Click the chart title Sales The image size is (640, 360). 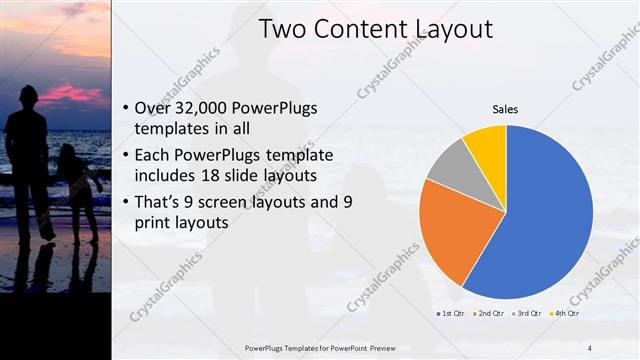coord(504,110)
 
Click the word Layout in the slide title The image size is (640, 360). coord(445,30)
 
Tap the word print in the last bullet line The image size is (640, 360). coord(150,223)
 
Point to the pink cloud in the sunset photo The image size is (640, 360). coord(70,95)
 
